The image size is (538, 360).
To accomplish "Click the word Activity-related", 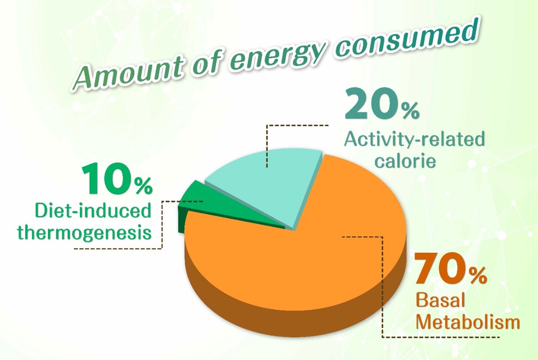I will [414, 139].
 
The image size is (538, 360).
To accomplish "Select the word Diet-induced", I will [93, 211].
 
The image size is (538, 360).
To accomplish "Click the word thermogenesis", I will [84, 233].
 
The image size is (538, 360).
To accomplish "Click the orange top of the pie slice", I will [303, 261].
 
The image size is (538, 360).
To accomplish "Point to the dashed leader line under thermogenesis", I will [118, 249].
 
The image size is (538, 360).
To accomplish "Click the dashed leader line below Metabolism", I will [441, 337].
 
